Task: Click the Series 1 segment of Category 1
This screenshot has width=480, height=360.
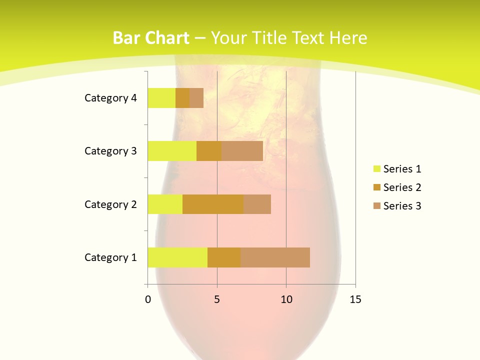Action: coord(177,257)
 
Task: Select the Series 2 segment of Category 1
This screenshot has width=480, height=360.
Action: coord(224,257)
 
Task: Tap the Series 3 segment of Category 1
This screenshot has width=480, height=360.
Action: coord(275,257)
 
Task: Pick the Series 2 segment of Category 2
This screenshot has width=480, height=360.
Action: coord(213,204)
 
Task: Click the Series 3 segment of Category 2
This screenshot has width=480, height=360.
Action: coord(257,204)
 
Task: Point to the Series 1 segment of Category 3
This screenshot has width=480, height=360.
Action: coord(172,151)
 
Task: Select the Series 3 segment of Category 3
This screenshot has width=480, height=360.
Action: coord(242,151)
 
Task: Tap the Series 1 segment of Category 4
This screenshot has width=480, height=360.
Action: coord(161,98)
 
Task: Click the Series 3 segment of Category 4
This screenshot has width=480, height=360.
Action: coord(196,98)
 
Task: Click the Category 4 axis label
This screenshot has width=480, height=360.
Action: coord(110,98)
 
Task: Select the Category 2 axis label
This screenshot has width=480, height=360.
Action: coord(110,204)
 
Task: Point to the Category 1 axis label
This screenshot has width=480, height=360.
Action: coord(110,257)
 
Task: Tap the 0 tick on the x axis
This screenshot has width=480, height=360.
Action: coord(148,299)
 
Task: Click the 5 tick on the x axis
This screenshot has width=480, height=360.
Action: coord(217,299)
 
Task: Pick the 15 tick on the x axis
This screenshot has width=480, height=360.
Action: coord(355,299)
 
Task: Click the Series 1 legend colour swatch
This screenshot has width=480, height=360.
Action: coord(376,169)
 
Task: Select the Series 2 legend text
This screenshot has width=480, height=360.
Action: coord(402,187)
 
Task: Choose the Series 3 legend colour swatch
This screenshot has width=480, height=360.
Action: coord(376,206)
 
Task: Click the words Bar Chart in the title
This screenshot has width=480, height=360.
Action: coord(151,38)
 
